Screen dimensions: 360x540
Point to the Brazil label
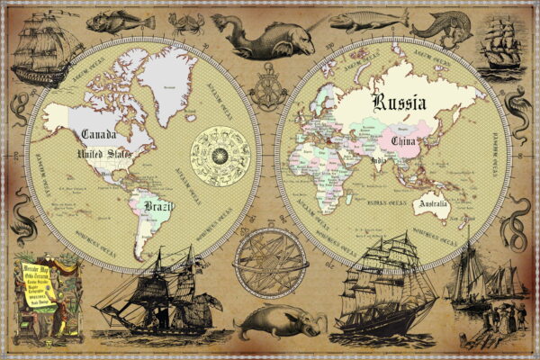(x=157, y=208)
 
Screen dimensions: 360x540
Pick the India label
(x=379, y=162)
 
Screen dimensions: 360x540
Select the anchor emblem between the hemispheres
(x=268, y=93)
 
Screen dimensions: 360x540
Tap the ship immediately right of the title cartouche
(x=153, y=292)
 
